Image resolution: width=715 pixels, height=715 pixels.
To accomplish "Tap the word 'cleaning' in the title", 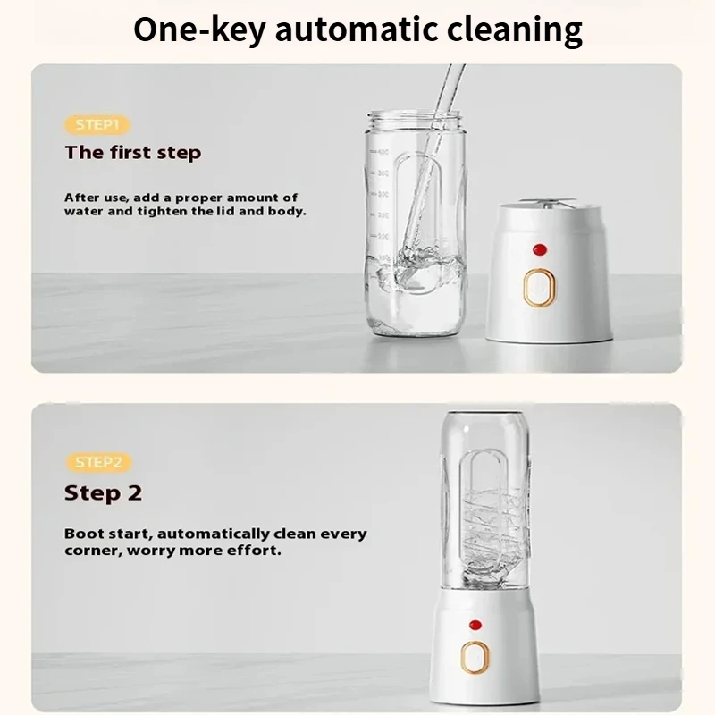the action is click(x=515, y=30).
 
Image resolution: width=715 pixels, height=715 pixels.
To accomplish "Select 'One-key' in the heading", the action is click(x=199, y=30).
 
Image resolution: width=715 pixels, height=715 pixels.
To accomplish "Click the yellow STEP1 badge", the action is click(x=97, y=125).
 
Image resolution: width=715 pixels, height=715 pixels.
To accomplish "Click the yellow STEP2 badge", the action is click(x=98, y=462).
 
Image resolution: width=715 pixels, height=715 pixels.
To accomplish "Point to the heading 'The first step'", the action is click(x=132, y=153).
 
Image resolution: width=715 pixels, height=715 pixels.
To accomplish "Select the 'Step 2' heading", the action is click(x=103, y=493).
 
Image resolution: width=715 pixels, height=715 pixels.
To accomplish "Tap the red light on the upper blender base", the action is click(x=540, y=249).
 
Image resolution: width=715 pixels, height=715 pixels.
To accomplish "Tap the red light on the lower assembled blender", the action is click(x=475, y=625).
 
